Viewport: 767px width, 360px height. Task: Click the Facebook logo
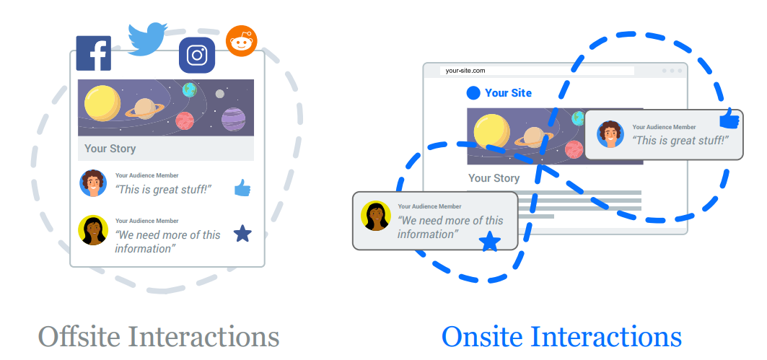click(94, 53)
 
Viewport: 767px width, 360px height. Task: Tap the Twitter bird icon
click(148, 38)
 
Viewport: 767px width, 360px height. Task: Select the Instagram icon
click(197, 56)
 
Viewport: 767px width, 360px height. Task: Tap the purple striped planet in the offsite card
click(233, 118)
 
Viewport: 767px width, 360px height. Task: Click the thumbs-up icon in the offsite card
click(242, 189)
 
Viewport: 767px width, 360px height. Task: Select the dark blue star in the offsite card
click(243, 234)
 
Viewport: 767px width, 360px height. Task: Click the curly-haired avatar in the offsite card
click(93, 183)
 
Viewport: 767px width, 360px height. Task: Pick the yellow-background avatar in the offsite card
click(93, 230)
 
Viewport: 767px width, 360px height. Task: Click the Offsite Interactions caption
click(158, 336)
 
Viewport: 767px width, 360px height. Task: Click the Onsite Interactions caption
click(561, 336)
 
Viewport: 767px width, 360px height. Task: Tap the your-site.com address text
click(465, 71)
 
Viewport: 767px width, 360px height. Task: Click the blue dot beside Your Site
click(473, 93)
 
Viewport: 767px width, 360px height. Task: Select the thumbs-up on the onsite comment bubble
click(729, 119)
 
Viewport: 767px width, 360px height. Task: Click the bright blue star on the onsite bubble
click(490, 242)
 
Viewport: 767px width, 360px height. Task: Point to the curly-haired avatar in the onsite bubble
click(610, 134)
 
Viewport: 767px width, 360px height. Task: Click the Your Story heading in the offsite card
click(110, 149)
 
